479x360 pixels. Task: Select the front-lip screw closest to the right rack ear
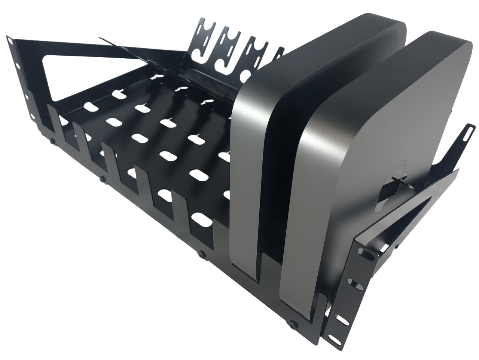tap(296, 322)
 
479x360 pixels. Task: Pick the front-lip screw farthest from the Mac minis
tap(52, 141)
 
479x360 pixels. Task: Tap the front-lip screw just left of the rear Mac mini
tap(202, 254)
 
